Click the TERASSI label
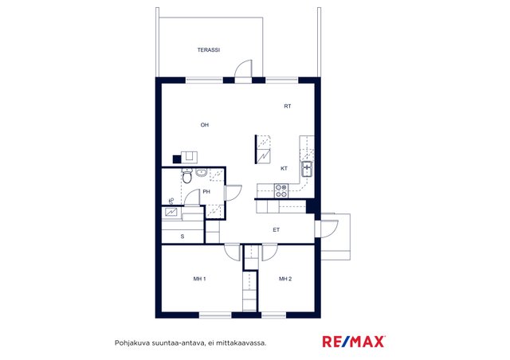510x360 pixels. (209, 50)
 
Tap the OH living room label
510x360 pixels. (205, 125)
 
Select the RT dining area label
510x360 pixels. (288, 107)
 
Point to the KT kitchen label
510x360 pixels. (284, 169)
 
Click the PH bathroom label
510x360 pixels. (206, 192)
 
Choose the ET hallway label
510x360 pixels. (277, 230)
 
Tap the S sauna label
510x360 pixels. (182, 237)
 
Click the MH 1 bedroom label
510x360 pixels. (200, 279)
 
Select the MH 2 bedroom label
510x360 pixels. (285, 279)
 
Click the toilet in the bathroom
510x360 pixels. (187, 176)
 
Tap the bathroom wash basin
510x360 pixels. (202, 173)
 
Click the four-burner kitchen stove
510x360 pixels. (281, 191)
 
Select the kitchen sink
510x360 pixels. (307, 169)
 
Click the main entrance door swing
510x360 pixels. (329, 229)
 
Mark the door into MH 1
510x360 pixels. (232, 252)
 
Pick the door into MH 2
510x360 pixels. (270, 252)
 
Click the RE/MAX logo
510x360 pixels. (354, 342)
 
